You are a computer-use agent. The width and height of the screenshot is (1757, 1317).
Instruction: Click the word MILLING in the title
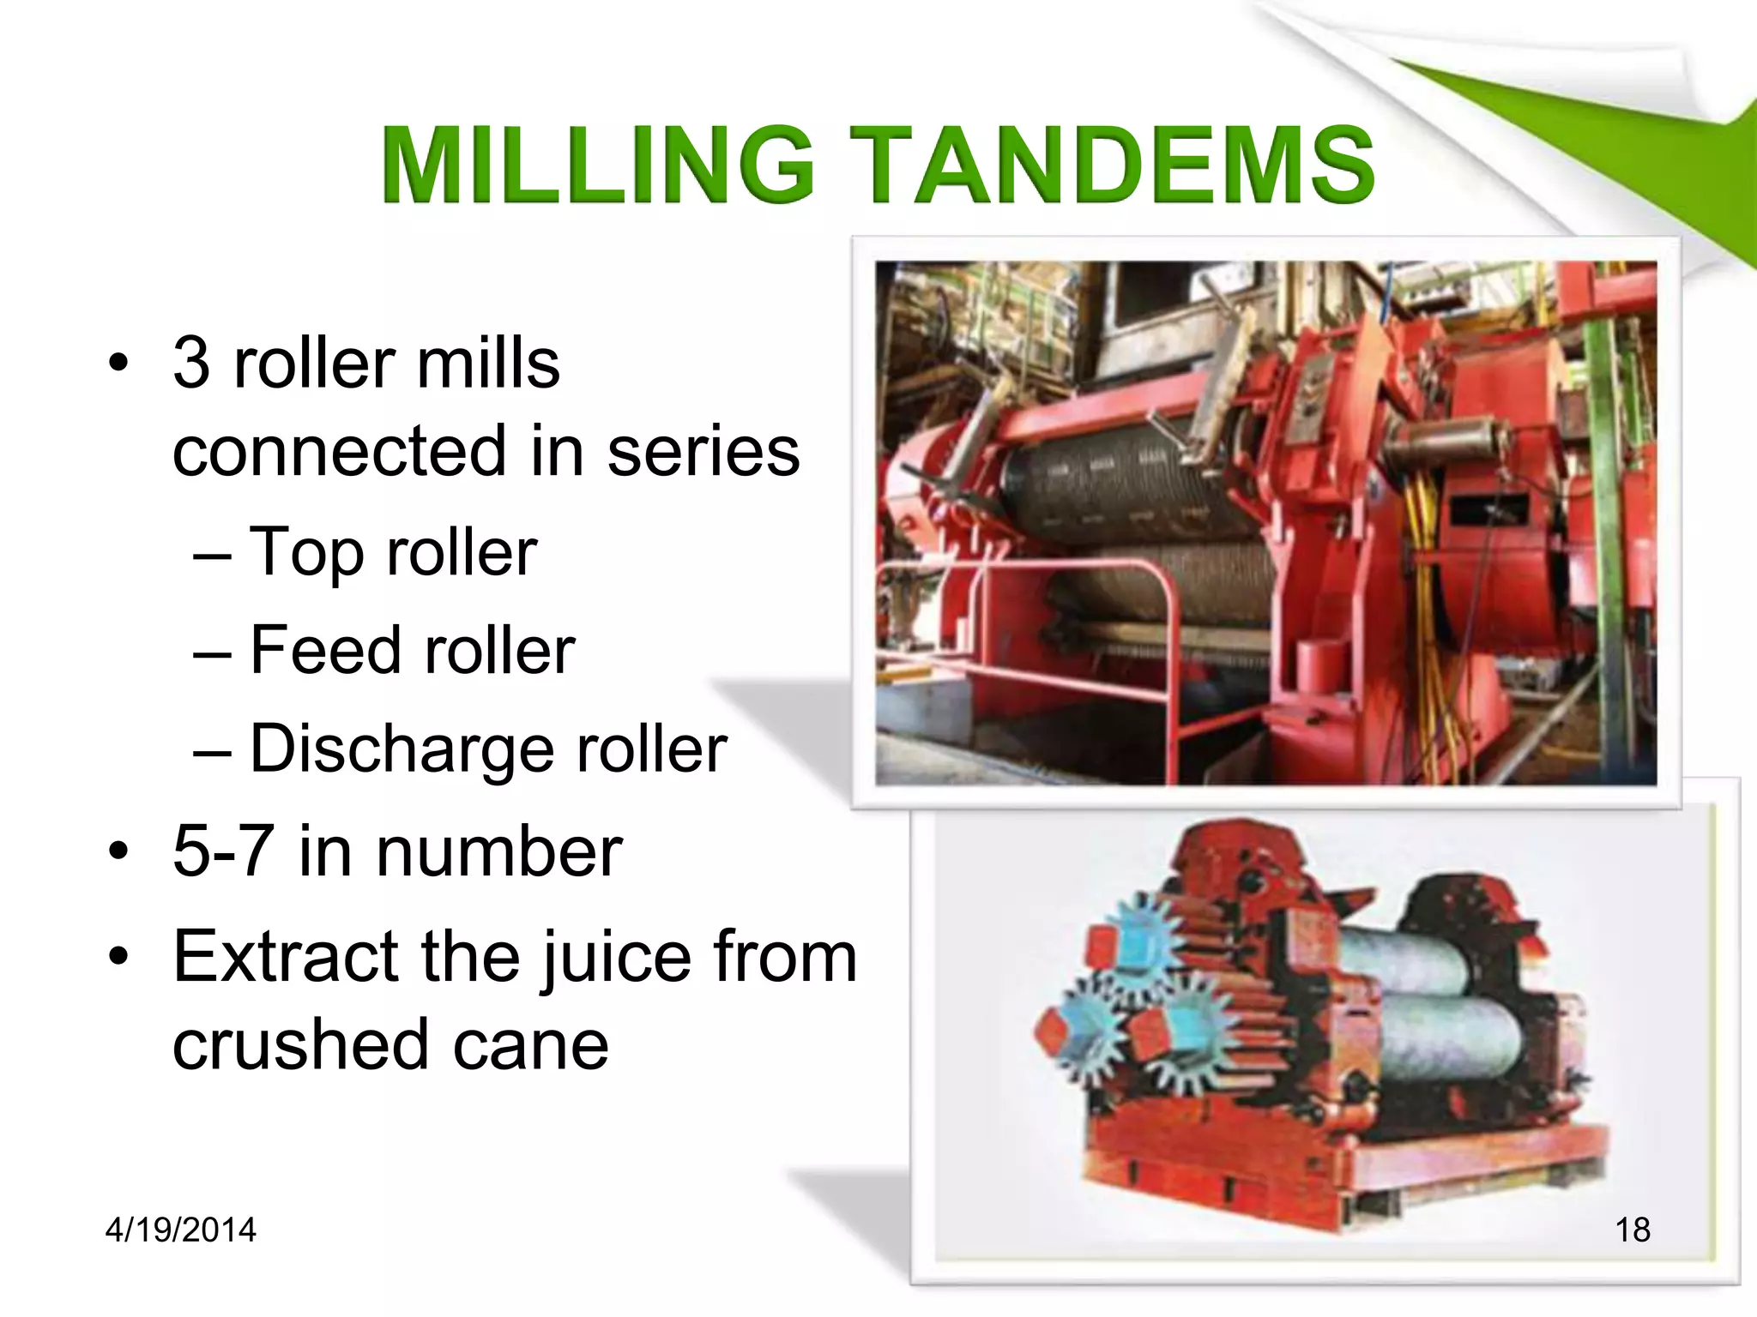point(597,165)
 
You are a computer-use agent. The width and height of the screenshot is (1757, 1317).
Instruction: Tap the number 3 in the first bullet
point(191,363)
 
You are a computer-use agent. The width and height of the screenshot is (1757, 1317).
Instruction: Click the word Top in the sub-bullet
point(305,553)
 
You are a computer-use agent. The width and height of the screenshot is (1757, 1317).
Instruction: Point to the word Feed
point(324,651)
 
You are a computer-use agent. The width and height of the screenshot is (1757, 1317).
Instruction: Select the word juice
point(616,957)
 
